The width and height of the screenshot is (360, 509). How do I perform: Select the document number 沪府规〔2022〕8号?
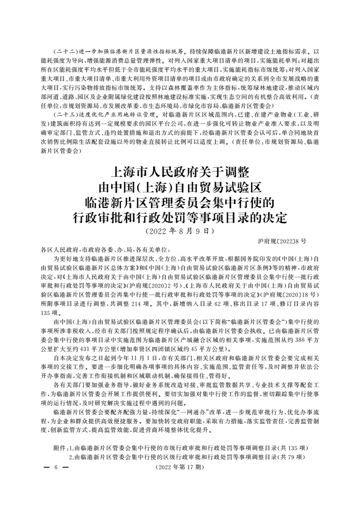(282, 241)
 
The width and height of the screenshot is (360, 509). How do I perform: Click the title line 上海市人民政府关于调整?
(180, 173)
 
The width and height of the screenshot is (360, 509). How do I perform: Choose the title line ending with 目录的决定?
(180, 218)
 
